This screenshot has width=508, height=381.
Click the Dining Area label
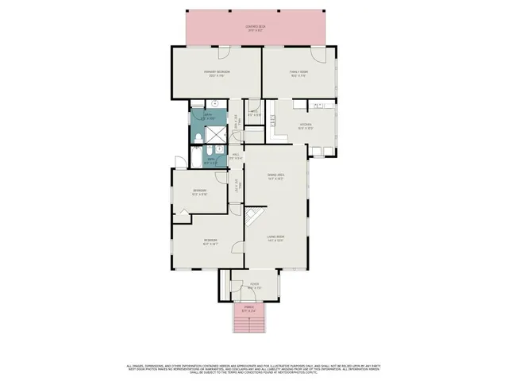coord(275,176)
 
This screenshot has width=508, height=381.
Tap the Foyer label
coord(255,286)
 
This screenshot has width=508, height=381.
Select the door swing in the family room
coord(317,54)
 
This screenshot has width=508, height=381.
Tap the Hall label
coord(236,157)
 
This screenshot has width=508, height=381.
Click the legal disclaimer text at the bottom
coord(254,370)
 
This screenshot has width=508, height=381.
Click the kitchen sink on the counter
coord(317,106)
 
